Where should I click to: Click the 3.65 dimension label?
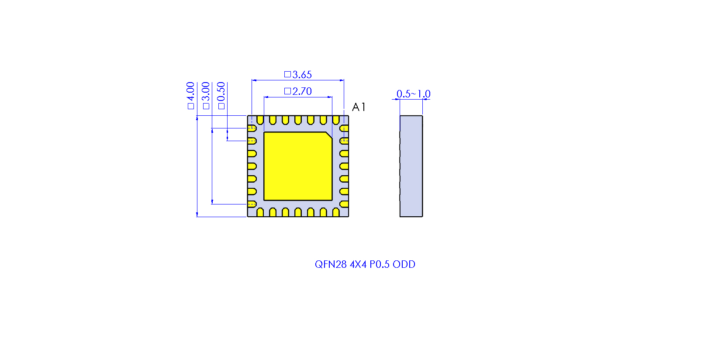[302, 75]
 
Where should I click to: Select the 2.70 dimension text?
[302, 91]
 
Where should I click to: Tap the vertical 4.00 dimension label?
[190, 91]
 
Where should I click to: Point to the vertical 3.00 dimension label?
[206, 91]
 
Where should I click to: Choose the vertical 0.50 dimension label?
[221, 91]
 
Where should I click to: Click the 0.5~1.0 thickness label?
[414, 94]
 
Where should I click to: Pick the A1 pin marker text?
[359, 107]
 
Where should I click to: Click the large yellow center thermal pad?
[298, 166]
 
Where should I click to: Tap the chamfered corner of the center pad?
[329, 135]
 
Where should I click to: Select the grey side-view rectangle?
[411, 166]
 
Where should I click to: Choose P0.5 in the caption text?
[379, 264]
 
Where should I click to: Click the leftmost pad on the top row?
[260, 120]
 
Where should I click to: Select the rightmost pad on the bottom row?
[336, 212]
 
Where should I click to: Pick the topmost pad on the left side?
[252, 128]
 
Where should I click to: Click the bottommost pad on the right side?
[344, 204]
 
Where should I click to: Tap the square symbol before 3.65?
[287, 74]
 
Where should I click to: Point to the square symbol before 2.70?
[287, 91]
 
